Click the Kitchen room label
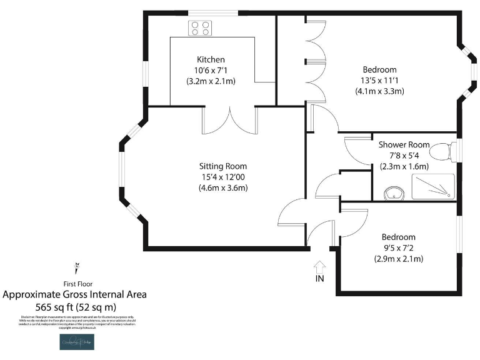pos(211,59)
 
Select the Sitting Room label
pos(223,166)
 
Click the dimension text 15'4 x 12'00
pos(223,177)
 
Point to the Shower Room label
pos(404,145)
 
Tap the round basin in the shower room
pos(393,192)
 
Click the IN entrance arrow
pos(319,266)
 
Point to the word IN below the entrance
pos(319,279)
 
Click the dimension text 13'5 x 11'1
pos(379,80)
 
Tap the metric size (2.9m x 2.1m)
pos(399,259)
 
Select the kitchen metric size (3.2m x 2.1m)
pos(211,81)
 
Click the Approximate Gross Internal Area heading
pos(75,294)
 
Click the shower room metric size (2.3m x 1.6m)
pos(404,166)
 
